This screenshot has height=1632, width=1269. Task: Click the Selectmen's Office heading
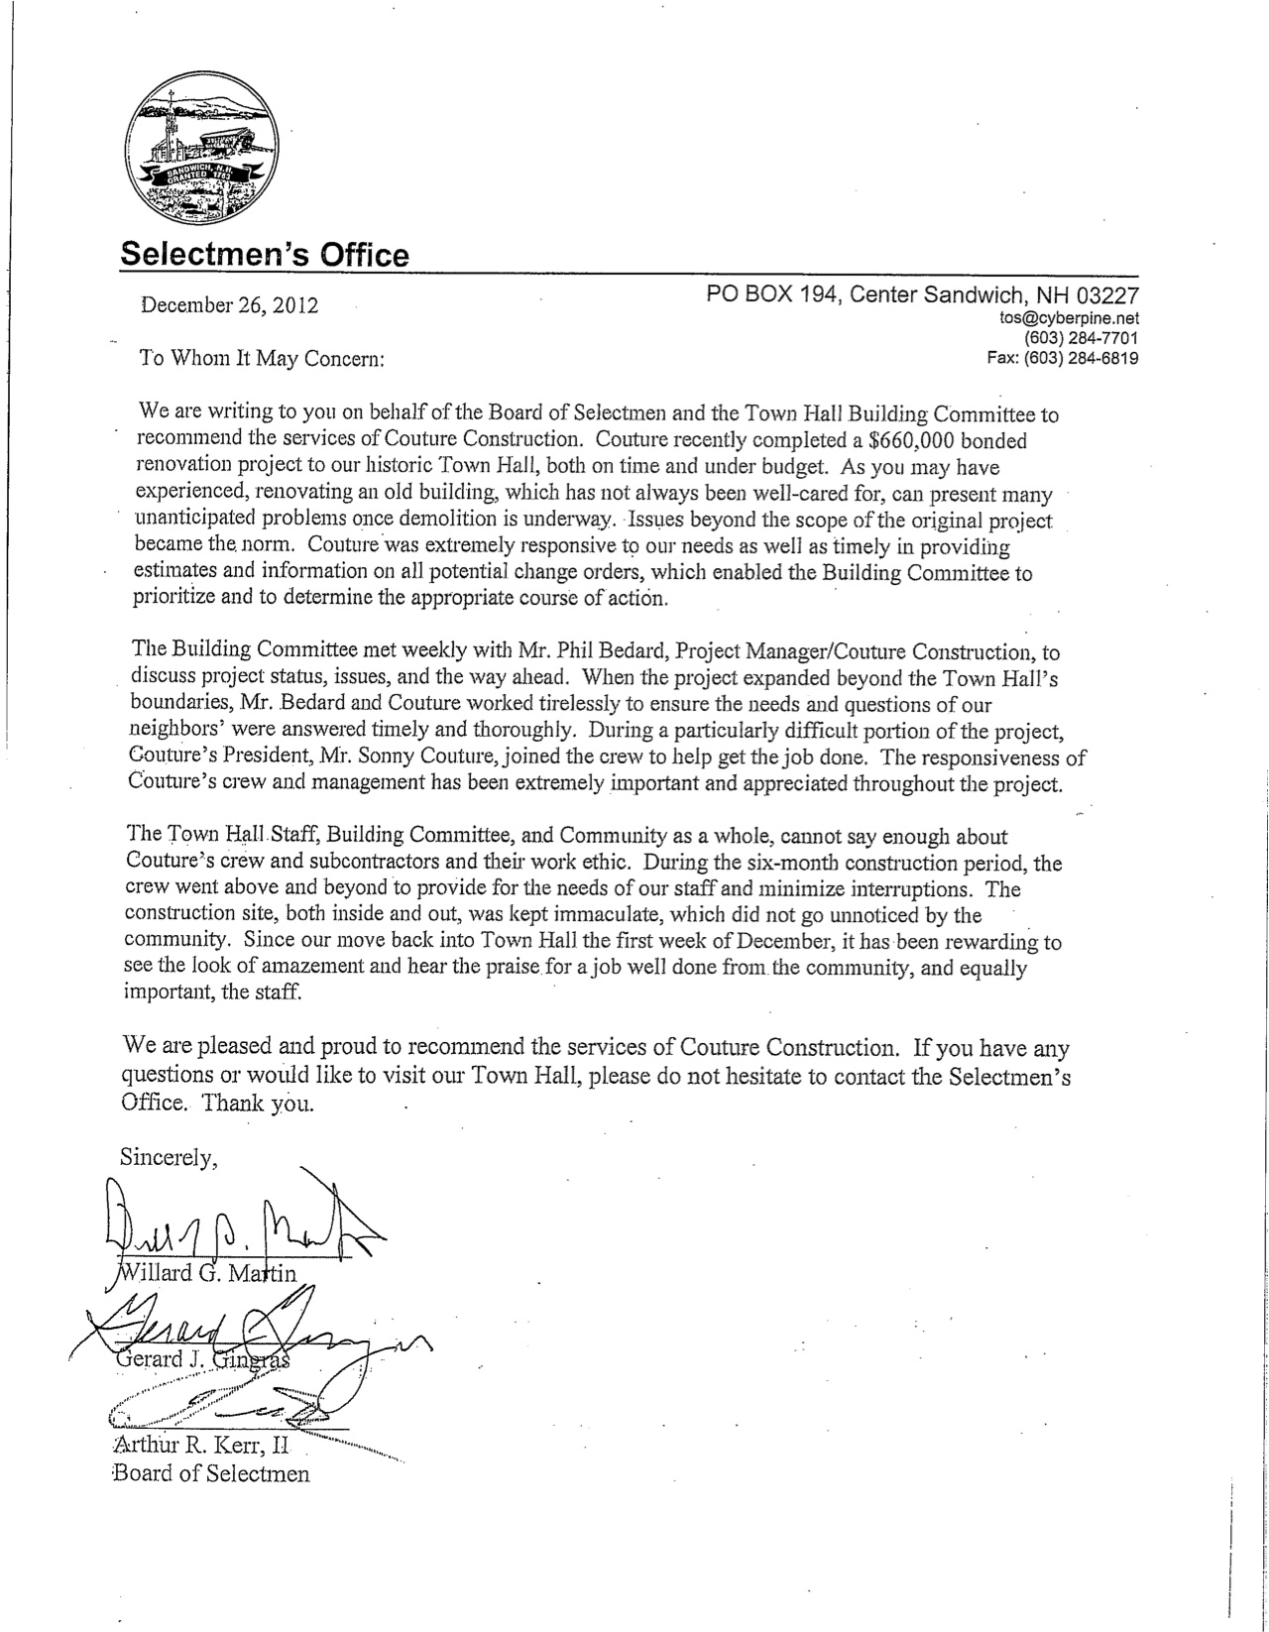pos(264,255)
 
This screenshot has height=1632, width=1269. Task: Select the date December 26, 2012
pos(230,305)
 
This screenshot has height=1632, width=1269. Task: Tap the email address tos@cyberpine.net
pos(1071,319)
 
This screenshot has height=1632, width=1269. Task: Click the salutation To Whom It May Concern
pos(261,359)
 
